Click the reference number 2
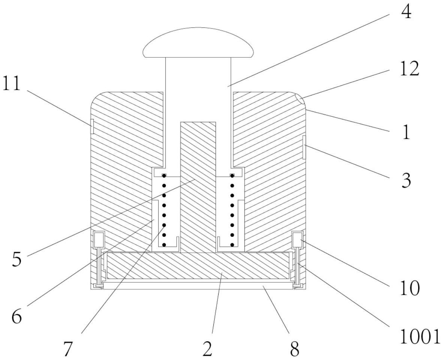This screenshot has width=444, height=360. click(207, 349)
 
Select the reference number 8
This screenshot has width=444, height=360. click(294, 349)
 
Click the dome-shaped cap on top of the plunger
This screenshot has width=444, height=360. click(199, 43)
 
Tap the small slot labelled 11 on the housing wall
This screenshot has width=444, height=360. click(92, 126)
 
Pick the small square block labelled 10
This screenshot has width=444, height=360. click(297, 238)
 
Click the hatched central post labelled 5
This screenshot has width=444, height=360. click(198, 188)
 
